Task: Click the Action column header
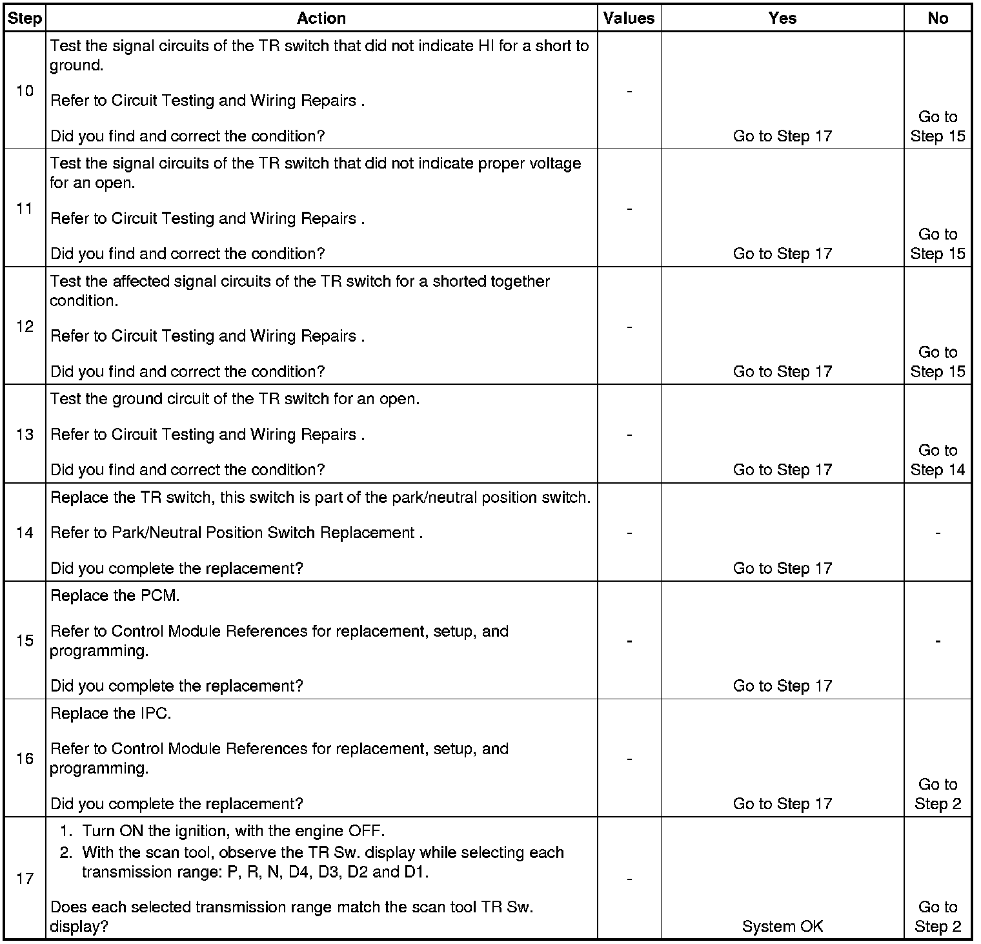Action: pyautogui.click(x=321, y=18)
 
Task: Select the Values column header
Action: pyautogui.click(x=629, y=18)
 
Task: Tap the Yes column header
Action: pyautogui.click(x=782, y=18)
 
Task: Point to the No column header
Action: pyautogui.click(x=937, y=18)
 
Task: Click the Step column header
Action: pyautogui.click(x=25, y=18)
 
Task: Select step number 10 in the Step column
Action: pyautogui.click(x=25, y=91)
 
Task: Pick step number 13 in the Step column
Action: pyautogui.click(x=25, y=434)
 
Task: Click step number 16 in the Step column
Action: pyautogui.click(x=25, y=758)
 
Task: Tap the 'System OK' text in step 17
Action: pyautogui.click(x=782, y=927)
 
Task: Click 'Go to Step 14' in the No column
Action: pyautogui.click(x=937, y=460)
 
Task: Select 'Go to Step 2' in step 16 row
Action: pyautogui.click(x=937, y=794)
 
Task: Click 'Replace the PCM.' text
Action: pyautogui.click(x=115, y=595)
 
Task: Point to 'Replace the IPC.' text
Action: pyautogui.click(x=110, y=713)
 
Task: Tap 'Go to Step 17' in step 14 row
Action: pyautogui.click(x=782, y=568)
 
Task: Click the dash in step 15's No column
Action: pyautogui.click(x=937, y=641)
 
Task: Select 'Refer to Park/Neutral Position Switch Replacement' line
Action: pyautogui.click(x=236, y=533)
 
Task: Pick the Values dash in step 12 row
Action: pyautogui.click(x=629, y=327)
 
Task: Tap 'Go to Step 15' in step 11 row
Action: pyautogui.click(x=937, y=244)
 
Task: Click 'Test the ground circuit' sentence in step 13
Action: pyautogui.click(x=235, y=399)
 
